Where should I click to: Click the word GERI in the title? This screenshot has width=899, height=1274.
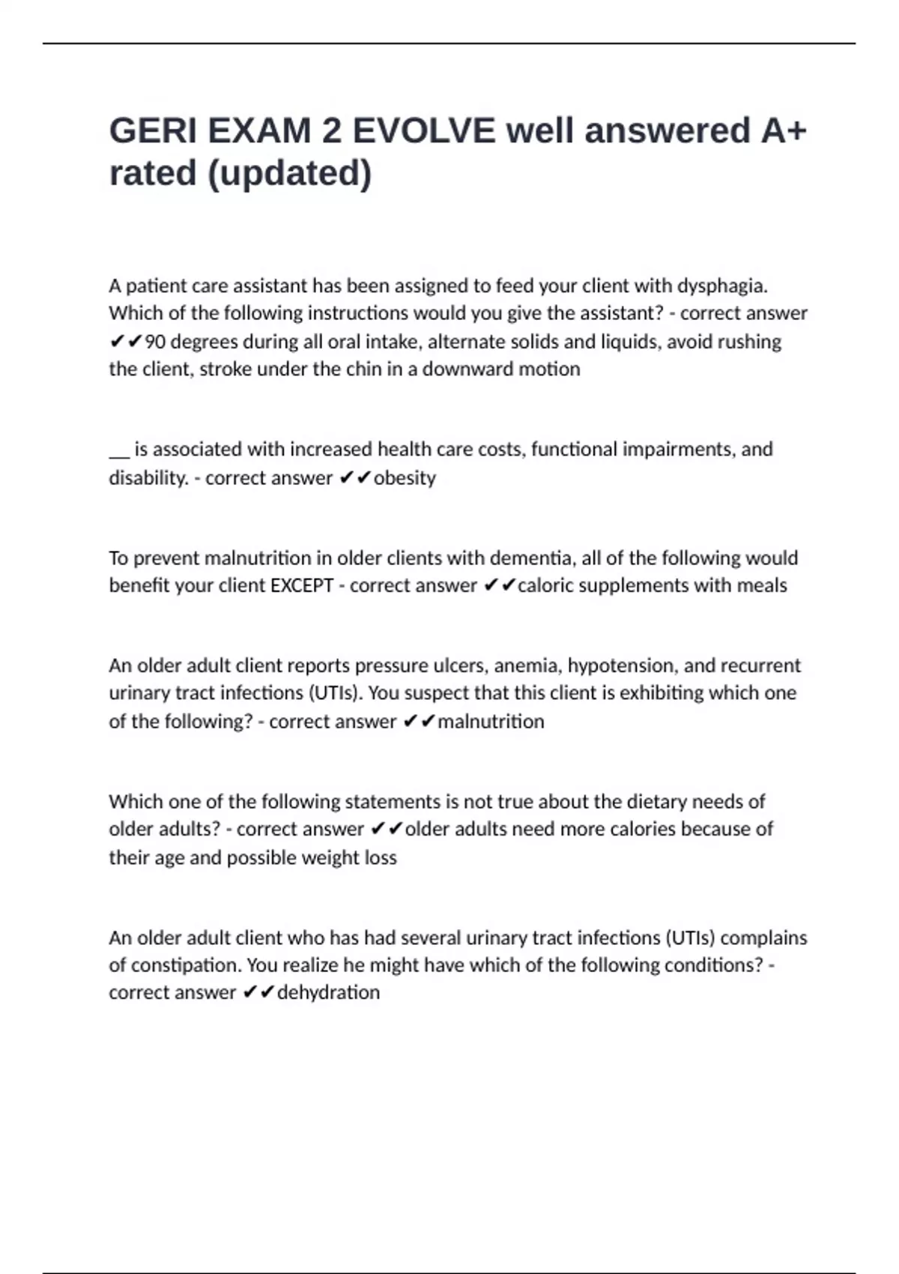[x=153, y=131]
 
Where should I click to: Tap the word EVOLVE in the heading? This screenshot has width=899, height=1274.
[x=424, y=131]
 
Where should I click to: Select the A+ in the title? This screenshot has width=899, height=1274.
[x=784, y=131]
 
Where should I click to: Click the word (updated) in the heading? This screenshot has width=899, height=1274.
[x=289, y=173]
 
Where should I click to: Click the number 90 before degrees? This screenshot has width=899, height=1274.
[x=155, y=342]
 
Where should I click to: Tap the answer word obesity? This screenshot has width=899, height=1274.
[x=405, y=477]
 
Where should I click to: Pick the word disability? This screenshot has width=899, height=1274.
[x=148, y=477]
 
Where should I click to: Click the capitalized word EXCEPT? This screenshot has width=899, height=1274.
[x=301, y=585]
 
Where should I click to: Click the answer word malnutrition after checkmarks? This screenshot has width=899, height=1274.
[x=491, y=721]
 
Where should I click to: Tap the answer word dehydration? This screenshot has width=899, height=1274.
[x=328, y=992]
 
